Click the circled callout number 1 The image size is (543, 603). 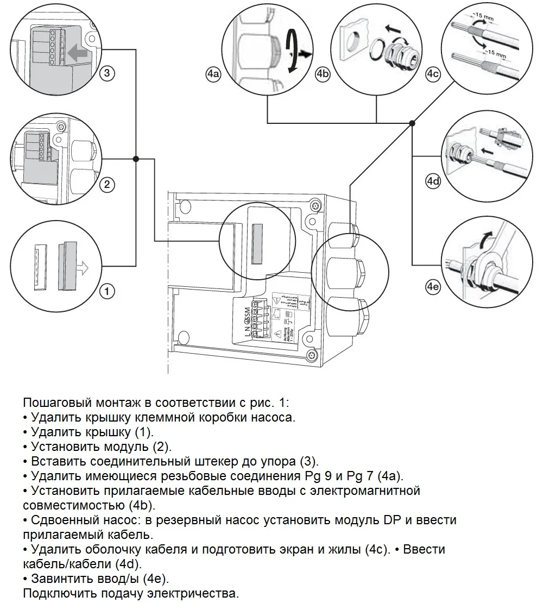108,292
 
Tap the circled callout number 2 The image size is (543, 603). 107,185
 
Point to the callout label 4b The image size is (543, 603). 323,74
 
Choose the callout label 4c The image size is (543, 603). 432,74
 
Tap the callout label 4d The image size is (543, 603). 432,181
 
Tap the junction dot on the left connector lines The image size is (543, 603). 136,159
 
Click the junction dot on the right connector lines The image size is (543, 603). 412,123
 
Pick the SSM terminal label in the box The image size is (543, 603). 248,313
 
